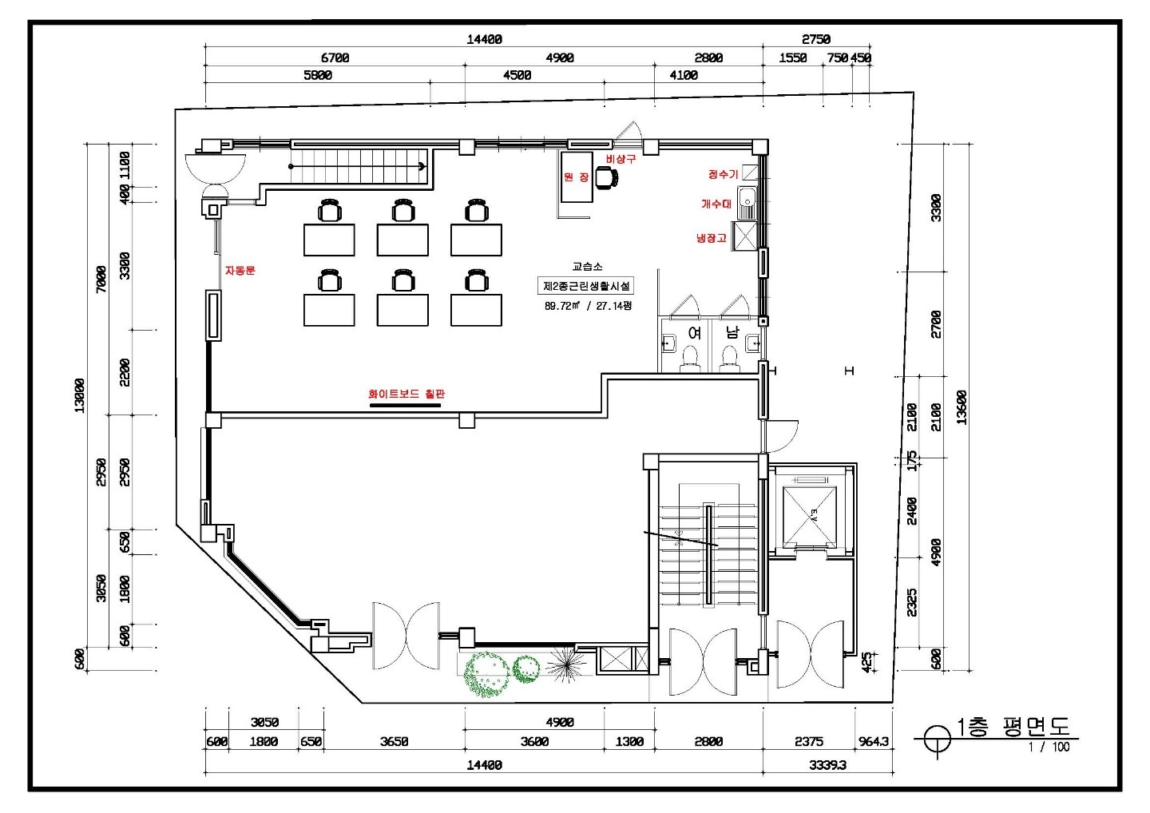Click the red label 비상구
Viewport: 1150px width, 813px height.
(x=621, y=159)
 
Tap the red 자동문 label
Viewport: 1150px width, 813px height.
(x=240, y=271)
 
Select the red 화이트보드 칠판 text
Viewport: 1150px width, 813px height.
(x=406, y=395)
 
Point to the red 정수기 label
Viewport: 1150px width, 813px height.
(x=723, y=175)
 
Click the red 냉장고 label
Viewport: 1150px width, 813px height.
(x=711, y=238)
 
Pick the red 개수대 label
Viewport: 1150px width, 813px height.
(x=716, y=204)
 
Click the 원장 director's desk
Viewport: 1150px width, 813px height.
(x=577, y=177)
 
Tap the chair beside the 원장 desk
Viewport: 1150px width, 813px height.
(x=607, y=177)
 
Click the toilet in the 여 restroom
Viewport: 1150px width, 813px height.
(x=690, y=357)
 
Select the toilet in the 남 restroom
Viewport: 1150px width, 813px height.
(x=729, y=357)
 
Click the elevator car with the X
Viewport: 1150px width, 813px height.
(x=809, y=517)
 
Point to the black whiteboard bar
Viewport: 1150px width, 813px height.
(x=405, y=406)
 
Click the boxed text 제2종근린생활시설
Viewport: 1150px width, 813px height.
(x=586, y=286)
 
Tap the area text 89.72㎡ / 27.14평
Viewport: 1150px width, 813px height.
(x=588, y=306)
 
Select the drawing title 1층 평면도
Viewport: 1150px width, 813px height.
(x=1013, y=727)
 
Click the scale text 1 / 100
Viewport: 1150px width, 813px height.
(x=1049, y=747)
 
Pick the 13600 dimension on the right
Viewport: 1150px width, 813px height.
(x=962, y=407)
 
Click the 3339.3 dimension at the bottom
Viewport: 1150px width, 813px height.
(x=827, y=765)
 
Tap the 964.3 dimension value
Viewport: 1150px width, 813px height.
(x=874, y=742)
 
